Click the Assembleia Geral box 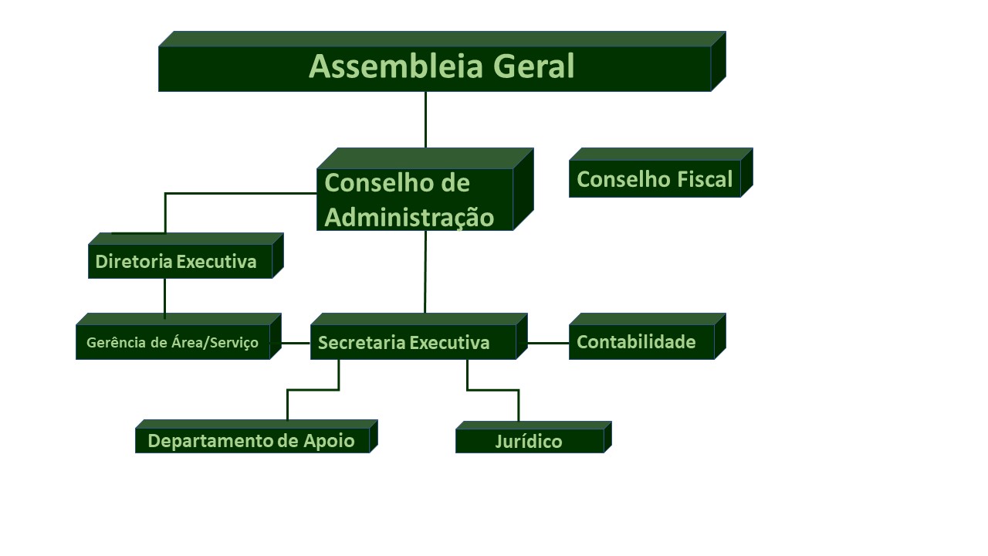pyautogui.click(x=442, y=62)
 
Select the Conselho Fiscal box pyautogui.click(x=661, y=173)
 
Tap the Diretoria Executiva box pyautogui.click(x=186, y=256)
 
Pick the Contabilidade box pyautogui.click(x=647, y=337)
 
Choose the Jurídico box pyautogui.click(x=533, y=438)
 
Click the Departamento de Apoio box pyautogui.click(x=256, y=437)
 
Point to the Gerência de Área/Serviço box pyautogui.click(x=178, y=337)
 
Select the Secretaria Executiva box pyautogui.click(x=419, y=337)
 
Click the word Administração pyautogui.click(x=409, y=218)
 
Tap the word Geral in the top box pyautogui.click(x=533, y=66)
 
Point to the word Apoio pyautogui.click(x=329, y=441)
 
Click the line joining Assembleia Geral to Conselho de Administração pyautogui.click(x=425, y=120)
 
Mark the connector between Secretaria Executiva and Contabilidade pyautogui.click(x=548, y=343)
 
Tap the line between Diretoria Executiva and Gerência pyautogui.click(x=165, y=298)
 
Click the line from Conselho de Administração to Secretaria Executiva pyautogui.click(x=425, y=272)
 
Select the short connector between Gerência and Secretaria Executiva pyautogui.click(x=296, y=343)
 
